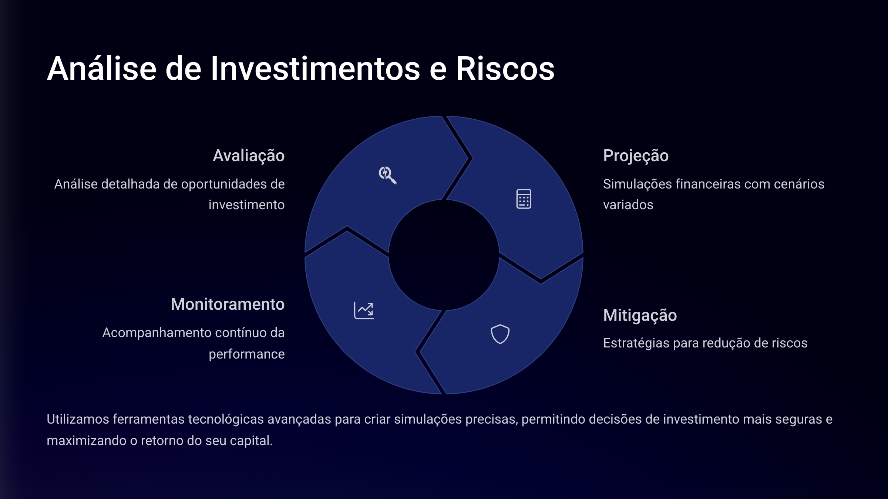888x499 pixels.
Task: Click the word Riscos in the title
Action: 505,69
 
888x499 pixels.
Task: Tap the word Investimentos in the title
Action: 315,69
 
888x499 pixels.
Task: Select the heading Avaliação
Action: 249,156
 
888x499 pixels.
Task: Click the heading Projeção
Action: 636,156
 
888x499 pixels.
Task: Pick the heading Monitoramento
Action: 228,304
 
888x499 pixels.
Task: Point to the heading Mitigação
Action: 640,316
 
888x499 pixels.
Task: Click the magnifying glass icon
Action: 387,175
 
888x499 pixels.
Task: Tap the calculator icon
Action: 524,199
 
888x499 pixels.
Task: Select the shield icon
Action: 500,334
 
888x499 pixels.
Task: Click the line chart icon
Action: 364,310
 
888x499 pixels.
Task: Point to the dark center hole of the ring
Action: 444,255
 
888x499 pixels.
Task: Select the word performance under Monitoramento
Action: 247,354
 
